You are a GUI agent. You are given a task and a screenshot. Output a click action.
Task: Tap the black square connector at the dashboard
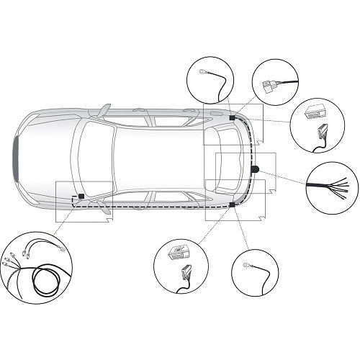click(x=81, y=195)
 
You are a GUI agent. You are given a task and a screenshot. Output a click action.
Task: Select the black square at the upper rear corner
click(x=233, y=116)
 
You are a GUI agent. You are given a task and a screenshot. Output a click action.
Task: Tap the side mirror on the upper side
click(x=100, y=110)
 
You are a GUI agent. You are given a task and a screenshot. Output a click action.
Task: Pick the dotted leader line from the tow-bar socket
click(x=284, y=175)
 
